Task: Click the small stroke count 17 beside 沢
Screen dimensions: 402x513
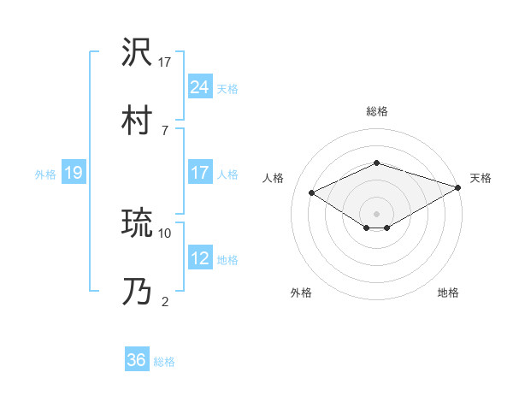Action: click(165, 62)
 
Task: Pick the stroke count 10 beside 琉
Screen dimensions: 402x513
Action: click(165, 232)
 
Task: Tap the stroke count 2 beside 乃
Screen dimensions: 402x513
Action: click(165, 300)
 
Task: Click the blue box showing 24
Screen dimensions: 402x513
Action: click(199, 86)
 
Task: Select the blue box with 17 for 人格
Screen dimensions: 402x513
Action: click(199, 173)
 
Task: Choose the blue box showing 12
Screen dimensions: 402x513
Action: click(199, 258)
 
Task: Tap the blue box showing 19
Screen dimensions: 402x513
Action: click(73, 173)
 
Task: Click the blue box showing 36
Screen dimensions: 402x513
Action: click(136, 360)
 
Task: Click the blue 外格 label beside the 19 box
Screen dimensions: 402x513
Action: click(45, 174)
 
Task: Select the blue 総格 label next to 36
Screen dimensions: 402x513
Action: click(164, 361)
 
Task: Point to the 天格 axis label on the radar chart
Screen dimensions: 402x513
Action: click(481, 178)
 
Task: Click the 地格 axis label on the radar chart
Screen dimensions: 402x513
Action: click(448, 293)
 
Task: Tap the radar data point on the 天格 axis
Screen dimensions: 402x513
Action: click(459, 186)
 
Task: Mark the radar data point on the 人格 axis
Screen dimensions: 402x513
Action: click(312, 192)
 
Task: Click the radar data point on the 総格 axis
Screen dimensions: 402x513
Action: click(376, 163)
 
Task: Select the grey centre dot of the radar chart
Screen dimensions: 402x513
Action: click(376, 213)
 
